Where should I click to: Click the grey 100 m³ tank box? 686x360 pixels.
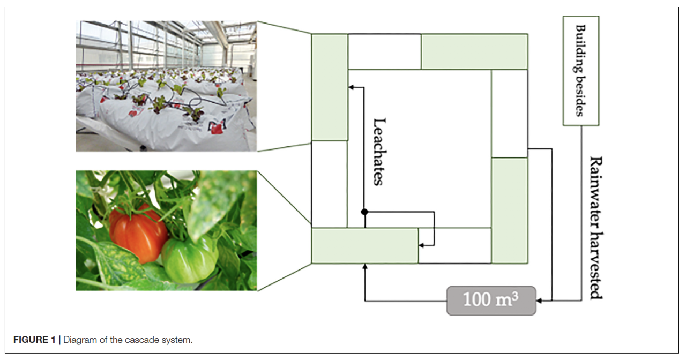pos(491,301)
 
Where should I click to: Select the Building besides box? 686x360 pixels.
pos(581,71)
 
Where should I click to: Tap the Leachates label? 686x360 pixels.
pos(379,152)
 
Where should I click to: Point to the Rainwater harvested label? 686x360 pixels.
pos(596,228)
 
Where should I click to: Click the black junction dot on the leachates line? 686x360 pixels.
pos(364,212)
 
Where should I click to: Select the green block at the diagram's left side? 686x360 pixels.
pos(330,87)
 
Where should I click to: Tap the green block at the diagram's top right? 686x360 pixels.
pos(474,52)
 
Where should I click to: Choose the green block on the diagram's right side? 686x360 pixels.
pos(510,211)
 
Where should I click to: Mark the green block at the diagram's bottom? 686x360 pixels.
pos(365,246)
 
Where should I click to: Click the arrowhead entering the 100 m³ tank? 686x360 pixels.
pos(539,301)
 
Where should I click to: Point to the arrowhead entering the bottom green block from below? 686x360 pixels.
pos(365,267)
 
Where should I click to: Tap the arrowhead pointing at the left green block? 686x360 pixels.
pos(351,87)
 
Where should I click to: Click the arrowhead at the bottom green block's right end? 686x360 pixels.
pos(421,245)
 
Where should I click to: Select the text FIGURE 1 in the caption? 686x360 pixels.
pos(34,340)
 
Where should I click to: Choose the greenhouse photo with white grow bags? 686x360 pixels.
pos(166,86)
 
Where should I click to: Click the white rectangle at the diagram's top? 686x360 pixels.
pos(384,52)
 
